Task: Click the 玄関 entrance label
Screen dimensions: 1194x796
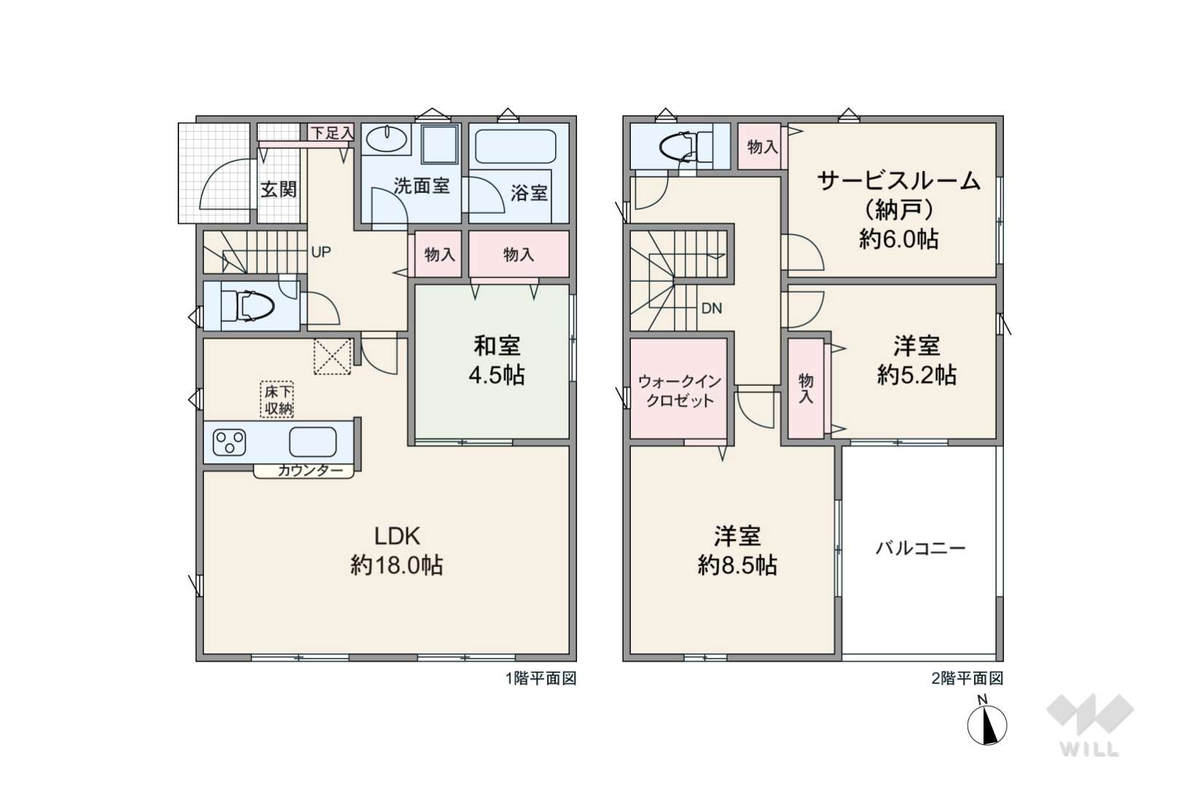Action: click(278, 189)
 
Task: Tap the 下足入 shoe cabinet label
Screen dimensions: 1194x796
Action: click(332, 133)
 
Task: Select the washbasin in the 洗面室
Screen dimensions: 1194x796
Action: click(386, 140)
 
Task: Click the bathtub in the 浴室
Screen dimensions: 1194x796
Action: click(516, 146)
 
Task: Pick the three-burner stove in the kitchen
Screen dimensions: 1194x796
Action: click(229, 442)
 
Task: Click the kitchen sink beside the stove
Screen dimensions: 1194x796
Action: click(313, 442)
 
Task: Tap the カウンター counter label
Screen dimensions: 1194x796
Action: click(310, 470)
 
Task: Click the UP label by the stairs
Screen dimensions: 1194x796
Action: click(321, 252)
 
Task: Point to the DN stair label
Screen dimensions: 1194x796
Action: click(711, 308)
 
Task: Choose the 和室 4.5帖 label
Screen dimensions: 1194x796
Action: click(497, 360)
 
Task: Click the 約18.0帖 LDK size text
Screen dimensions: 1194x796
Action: click(396, 565)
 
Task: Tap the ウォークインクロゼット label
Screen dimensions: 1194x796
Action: click(680, 391)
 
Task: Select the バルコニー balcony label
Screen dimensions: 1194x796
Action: click(921, 548)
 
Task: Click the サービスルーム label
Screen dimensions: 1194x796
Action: click(899, 181)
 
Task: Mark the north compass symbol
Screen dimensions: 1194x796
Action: click(987, 725)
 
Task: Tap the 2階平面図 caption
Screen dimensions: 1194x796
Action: click(967, 678)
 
